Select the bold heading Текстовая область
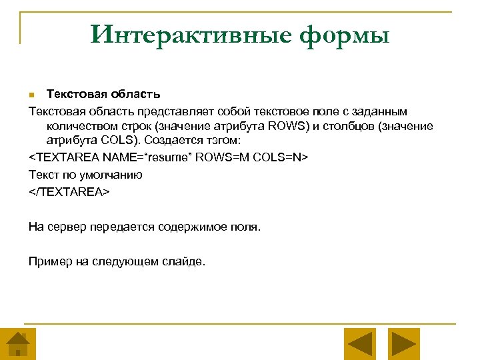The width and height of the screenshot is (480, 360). (103, 94)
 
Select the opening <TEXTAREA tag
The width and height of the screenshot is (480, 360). (63, 157)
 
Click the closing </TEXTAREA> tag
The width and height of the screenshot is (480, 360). (68, 191)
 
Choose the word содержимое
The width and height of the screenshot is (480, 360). (189, 227)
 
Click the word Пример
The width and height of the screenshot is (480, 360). (51, 261)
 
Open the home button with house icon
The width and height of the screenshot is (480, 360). (18, 344)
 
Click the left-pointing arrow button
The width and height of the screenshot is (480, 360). (361, 344)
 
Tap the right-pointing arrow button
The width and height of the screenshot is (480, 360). (403, 344)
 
